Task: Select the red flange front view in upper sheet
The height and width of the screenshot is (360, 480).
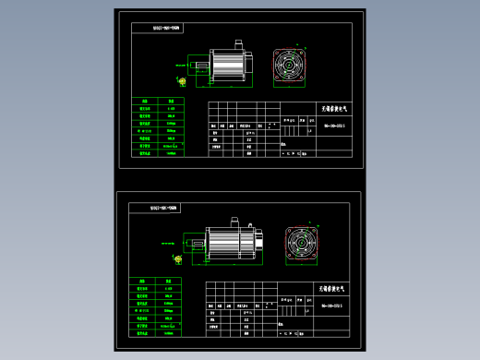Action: (x=294, y=66)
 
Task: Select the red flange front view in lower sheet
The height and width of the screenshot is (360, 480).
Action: (x=300, y=245)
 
